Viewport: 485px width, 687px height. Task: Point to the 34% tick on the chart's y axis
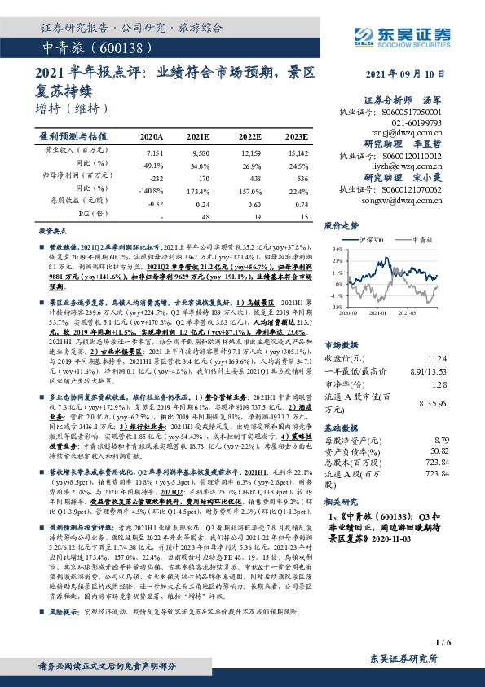[x=335, y=249]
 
